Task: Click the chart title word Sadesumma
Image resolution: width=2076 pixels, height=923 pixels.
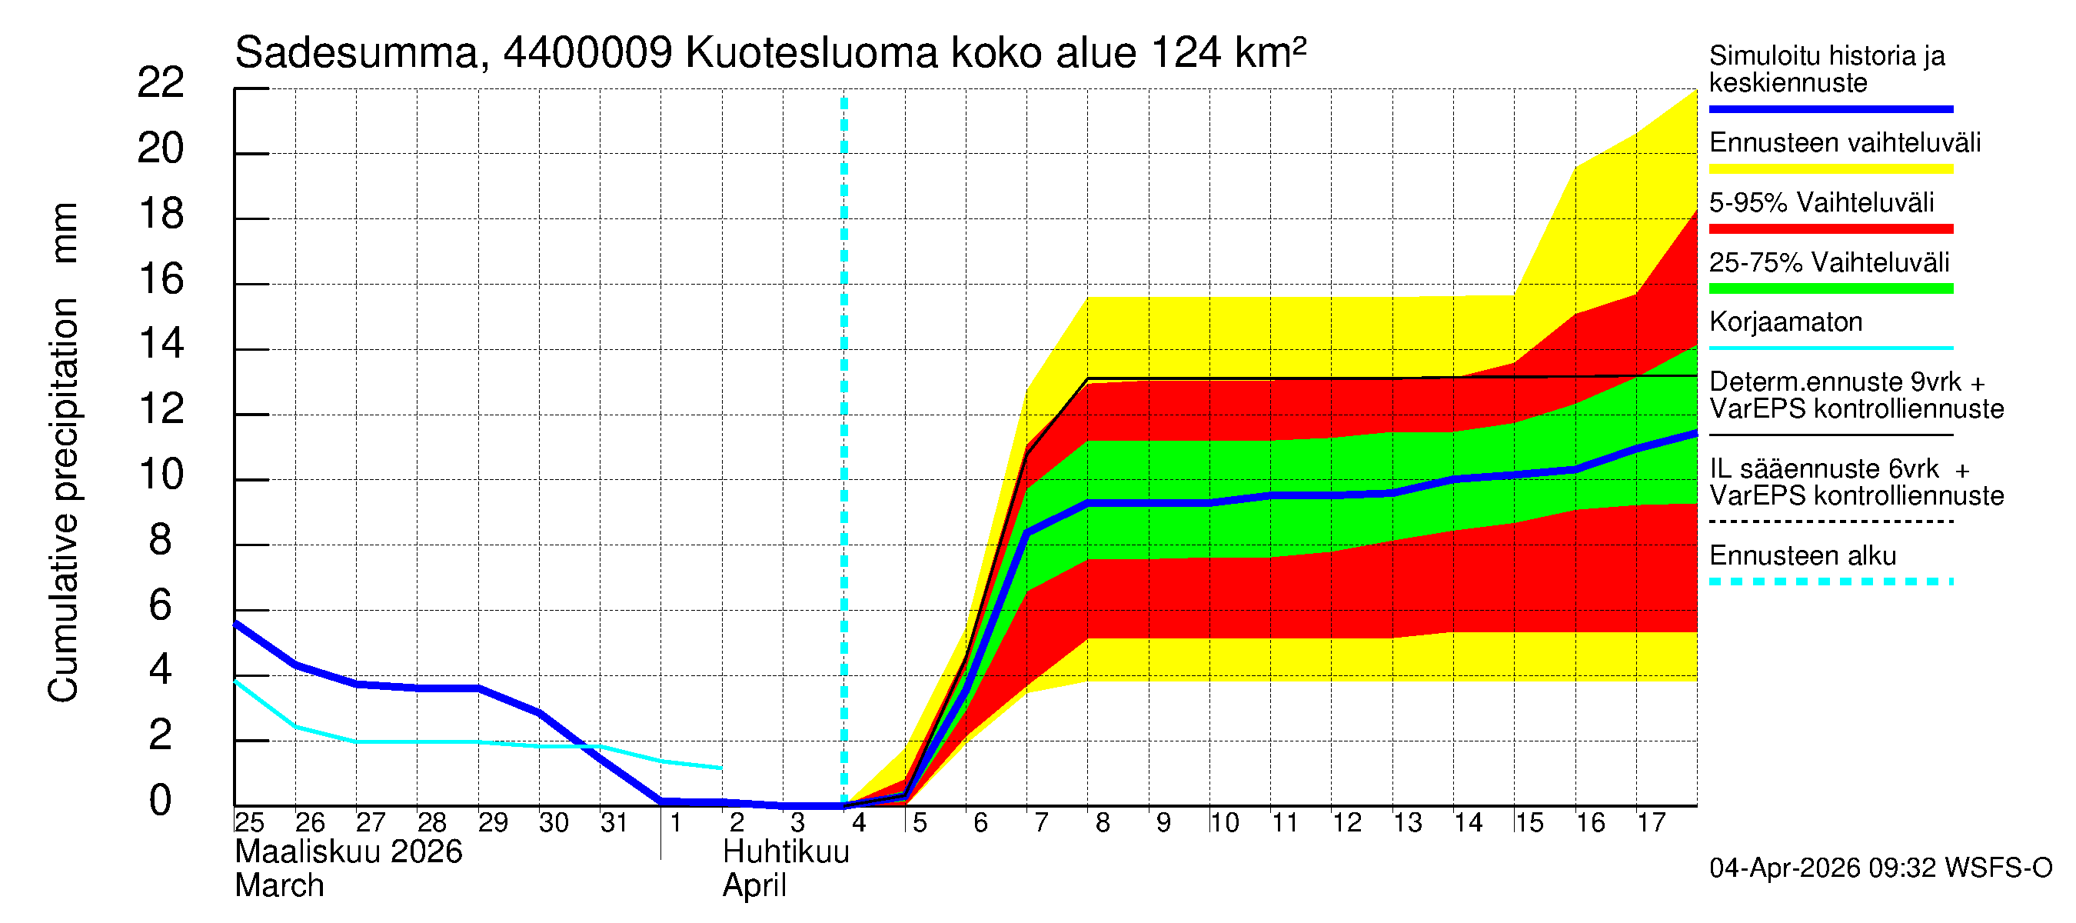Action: [x=357, y=53]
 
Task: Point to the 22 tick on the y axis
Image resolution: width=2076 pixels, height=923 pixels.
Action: [x=161, y=83]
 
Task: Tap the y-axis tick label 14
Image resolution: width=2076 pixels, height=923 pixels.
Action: [x=161, y=345]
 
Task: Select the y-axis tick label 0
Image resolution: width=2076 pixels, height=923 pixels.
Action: [x=161, y=801]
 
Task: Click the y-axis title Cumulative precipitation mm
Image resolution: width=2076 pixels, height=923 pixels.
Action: [x=63, y=452]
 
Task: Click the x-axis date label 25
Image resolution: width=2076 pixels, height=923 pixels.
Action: [x=249, y=823]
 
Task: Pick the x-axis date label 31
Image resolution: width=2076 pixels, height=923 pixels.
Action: [x=614, y=823]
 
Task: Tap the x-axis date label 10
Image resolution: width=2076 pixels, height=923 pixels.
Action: [x=1223, y=823]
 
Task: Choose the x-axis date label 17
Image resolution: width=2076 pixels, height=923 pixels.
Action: [x=1651, y=823]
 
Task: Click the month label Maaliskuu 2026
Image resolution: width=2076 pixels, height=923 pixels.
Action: [x=348, y=852]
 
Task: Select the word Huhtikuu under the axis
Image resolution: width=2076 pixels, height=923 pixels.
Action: [x=786, y=852]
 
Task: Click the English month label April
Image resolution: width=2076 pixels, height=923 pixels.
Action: [x=754, y=886]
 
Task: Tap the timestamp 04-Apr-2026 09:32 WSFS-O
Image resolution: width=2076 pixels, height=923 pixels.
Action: [x=1880, y=868]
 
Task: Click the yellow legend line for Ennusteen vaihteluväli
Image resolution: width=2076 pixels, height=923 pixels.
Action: [x=1830, y=169]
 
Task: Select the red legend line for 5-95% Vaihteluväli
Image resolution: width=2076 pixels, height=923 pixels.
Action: [x=1830, y=229]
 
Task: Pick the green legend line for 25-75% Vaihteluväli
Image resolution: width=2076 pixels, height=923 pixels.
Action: [x=1830, y=288]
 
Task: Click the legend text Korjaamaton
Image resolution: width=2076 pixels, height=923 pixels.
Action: [x=1785, y=322]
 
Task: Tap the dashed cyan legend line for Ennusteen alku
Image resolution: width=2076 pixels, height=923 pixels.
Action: [x=1830, y=581]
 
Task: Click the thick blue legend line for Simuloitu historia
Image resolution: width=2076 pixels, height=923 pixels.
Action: [x=1830, y=108]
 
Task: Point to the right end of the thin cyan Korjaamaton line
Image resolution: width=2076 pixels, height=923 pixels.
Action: [x=721, y=768]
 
